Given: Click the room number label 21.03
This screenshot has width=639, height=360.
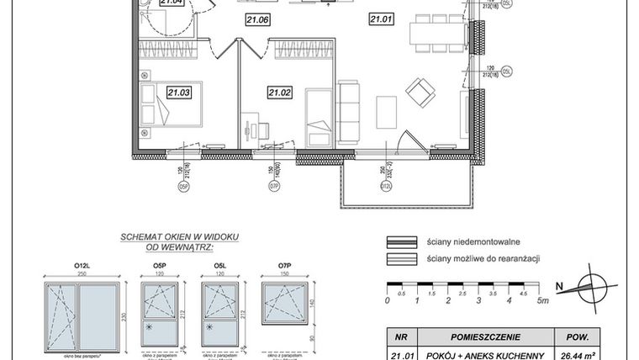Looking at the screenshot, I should click(x=178, y=93).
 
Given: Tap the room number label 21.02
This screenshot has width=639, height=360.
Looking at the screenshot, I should click(x=279, y=93).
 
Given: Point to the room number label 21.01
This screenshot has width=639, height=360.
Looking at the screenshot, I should click(x=382, y=16).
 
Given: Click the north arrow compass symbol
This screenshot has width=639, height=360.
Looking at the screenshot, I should click(x=592, y=288).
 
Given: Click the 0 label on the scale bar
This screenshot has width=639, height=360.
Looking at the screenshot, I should click(x=387, y=299).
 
